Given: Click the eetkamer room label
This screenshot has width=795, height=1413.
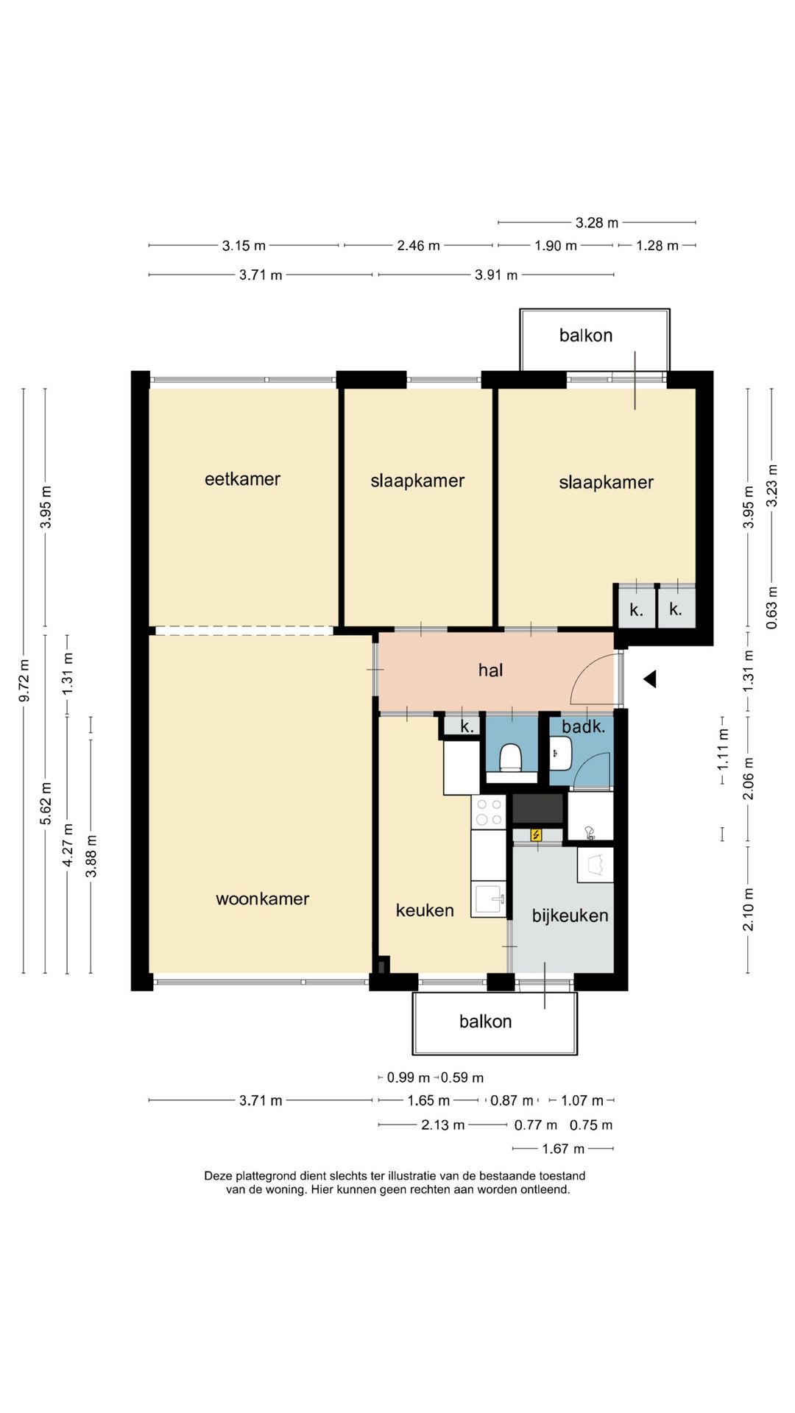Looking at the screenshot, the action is click(242, 479).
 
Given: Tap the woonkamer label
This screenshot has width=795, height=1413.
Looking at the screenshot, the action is click(262, 899).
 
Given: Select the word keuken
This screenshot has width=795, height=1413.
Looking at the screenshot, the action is click(425, 910).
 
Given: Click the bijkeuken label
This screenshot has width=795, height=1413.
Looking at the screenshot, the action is click(570, 916).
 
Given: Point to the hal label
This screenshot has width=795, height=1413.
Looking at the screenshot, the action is click(490, 670).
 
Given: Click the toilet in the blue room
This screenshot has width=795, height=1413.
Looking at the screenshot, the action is click(510, 757).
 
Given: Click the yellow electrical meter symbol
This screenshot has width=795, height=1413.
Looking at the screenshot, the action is click(537, 835).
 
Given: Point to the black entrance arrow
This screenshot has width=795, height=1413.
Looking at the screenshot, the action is click(650, 679).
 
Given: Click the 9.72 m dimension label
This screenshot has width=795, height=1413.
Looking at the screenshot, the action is click(24, 681).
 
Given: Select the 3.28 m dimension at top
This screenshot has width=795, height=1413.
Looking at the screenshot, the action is click(596, 222).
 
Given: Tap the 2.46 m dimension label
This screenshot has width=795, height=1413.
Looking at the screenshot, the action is click(418, 245).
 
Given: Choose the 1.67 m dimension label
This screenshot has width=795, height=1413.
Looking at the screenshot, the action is click(563, 1148).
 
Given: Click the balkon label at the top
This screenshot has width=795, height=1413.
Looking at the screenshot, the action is click(586, 336).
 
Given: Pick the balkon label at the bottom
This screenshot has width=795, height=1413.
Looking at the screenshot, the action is click(485, 1021).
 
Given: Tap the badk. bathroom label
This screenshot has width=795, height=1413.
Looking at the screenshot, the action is click(583, 727).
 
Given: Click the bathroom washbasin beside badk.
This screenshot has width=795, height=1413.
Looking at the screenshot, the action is click(560, 752).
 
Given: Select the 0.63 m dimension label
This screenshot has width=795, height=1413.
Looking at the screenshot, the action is click(771, 607).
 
